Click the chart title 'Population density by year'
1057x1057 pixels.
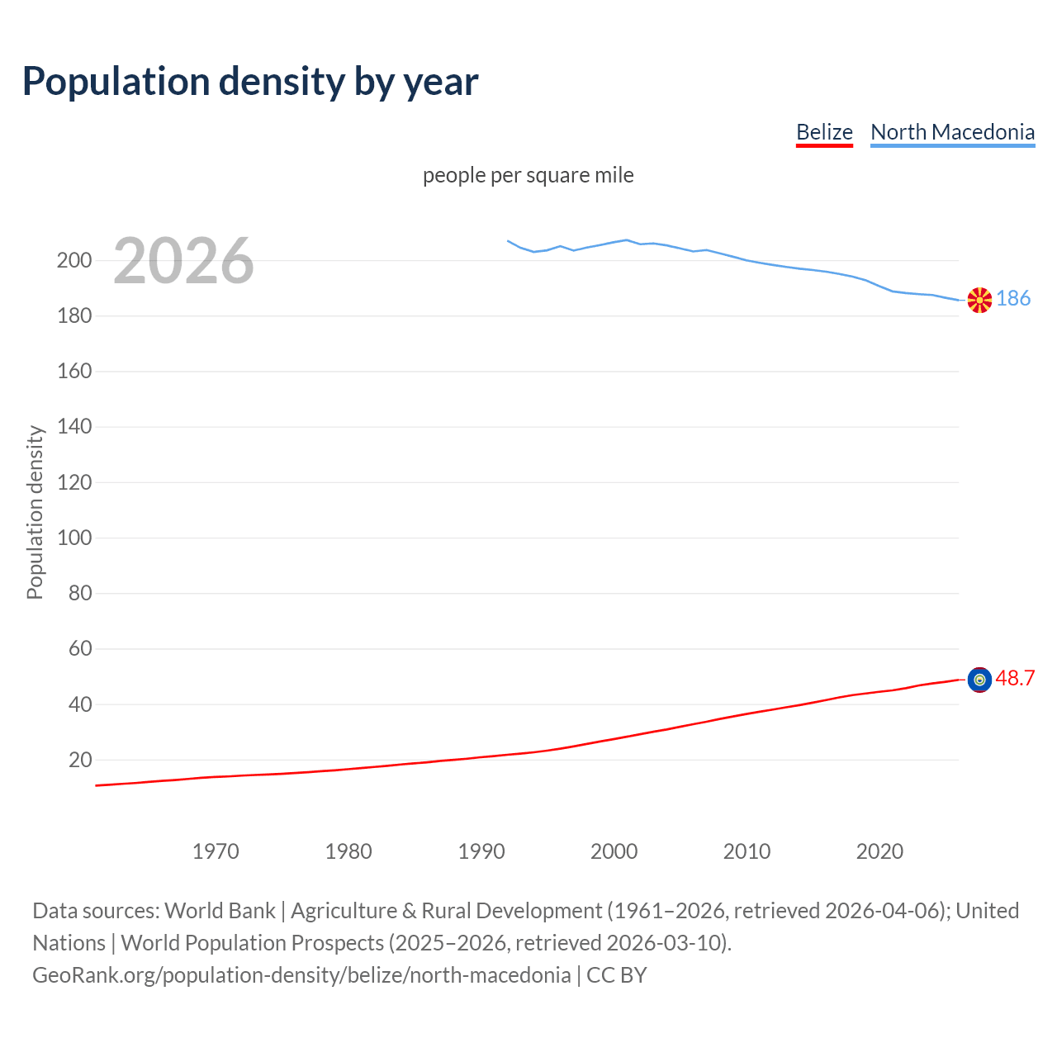click(x=250, y=82)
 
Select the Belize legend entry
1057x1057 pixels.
click(x=823, y=132)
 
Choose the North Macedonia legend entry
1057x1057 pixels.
click(x=952, y=132)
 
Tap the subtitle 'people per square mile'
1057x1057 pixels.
click(x=528, y=176)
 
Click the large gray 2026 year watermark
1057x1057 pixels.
click(x=183, y=261)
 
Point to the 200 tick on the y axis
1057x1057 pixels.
click(x=74, y=261)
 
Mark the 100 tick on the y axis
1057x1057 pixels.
click(x=74, y=538)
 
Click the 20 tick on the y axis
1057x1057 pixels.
click(x=80, y=761)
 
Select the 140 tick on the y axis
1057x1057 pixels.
click(x=74, y=427)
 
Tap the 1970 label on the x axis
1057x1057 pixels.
click(x=216, y=851)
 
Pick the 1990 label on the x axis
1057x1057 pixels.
click(x=481, y=851)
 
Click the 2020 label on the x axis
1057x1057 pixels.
click(x=879, y=851)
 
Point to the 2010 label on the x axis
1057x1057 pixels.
click(x=747, y=851)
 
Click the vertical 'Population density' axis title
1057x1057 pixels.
click(x=35, y=512)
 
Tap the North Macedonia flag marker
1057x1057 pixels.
click(x=979, y=300)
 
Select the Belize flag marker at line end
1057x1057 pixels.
click(x=979, y=680)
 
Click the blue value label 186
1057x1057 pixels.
click(x=1013, y=299)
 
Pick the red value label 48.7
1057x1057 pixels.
click(x=1015, y=679)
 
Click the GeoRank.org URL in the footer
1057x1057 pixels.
click(x=301, y=975)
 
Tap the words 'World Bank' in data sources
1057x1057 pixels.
click(x=220, y=911)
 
